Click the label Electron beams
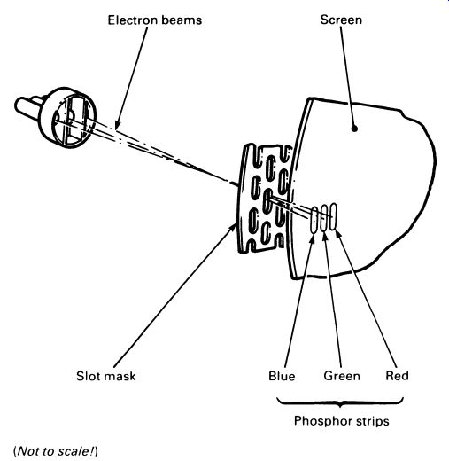click(x=155, y=20)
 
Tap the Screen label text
click(x=341, y=20)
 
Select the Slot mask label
click(x=106, y=376)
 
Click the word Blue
click(x=282, y=376)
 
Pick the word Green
click(x=342, y=376)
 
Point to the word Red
click(x=397, y=376)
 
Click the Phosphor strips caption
click(x=342, y=421)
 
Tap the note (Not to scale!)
click(x=56, y=451)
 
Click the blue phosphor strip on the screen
click(x=314, y=220)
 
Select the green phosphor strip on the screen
click(x=324, y=217)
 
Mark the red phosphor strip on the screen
click(x=333, y=216)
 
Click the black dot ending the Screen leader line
click(x=355, y=129)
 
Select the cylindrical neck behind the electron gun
click(x=28, y=107)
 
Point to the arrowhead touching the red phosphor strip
click(x=338, y=234)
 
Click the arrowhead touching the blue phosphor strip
click(x=312, y=238)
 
